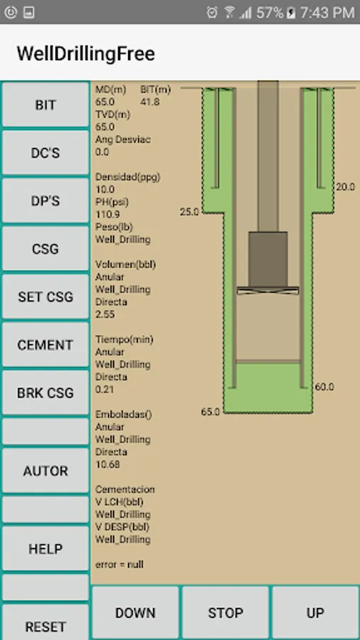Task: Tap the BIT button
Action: pos(46,105)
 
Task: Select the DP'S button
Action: pos(46,201)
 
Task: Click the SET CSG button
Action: pos(46,297)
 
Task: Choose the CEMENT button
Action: pos(46,345)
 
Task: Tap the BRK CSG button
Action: pos(46,393)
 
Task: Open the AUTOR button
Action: pos(46,471)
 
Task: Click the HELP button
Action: pos(46,548)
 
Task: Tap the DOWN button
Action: pos(135,612)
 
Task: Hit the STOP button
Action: pos(225,612)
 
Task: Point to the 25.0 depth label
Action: pos(189,212)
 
